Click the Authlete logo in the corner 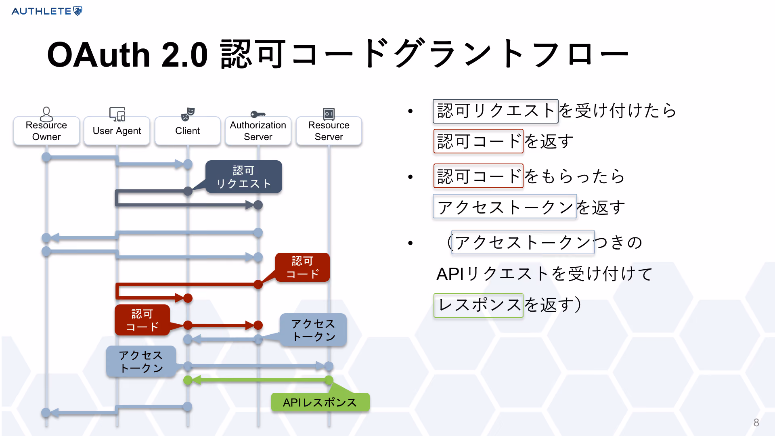pyautogui.click(x=47, y=11)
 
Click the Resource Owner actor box pyautogui.click(x=46, y=131)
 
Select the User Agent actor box pyautogui.click(x=117, y=131)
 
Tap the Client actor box pyautogui.click(x=188, y=131)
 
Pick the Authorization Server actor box pyautogui.click(x=258, y=131)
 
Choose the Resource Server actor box pyautogui.click(x=329, y=131)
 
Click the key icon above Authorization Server pyautogui.click(x=258, y=114)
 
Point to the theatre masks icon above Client pyautogui.click(x=188, y=114)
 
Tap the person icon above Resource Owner pyautogui.click(x=46, y=114)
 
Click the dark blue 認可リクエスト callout pyautogui.click(x=243, y=177)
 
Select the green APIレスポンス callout pyautogui.click(x=320, y=402)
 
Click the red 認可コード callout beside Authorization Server pyautogui.click(x=302, y=267)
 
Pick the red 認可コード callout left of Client pyautogui.click(x=142, y=320)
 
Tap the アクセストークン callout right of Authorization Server pyautogui.click(x=313, y=330)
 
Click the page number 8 pyautogui.click(x=756, y=422)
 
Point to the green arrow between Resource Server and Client pyautogui.click(x=258, y=380)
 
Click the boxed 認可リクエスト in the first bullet pyautogui.click(x=496, y=111)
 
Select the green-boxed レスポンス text pyautogui.click(x=478, y=305)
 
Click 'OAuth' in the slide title pyautogui.click(x=98, y=55)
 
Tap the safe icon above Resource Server pyautogui.click(x=329, y=114)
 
